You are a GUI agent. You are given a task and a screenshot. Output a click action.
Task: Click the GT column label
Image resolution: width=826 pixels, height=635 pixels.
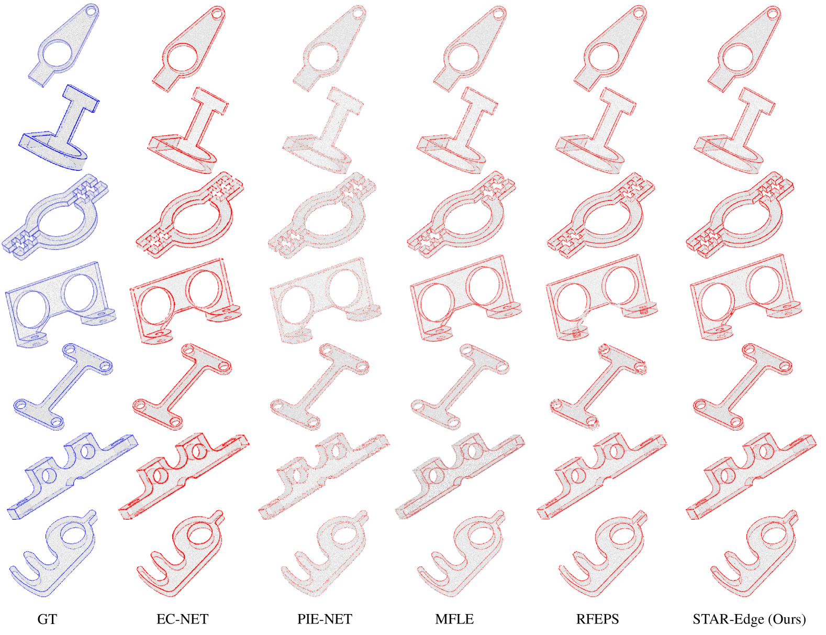tap(47, 619)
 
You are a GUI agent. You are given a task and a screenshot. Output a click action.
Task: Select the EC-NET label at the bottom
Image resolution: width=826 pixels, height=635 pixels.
tap(183, 619)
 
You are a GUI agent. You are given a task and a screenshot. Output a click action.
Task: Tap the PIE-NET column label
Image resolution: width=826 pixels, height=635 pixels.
tap(325, 619)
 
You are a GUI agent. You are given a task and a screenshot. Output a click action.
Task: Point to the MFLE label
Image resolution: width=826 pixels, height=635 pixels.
tap(454, 619)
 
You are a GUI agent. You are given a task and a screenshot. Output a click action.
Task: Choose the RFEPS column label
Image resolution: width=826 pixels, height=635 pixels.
tap(597, 619)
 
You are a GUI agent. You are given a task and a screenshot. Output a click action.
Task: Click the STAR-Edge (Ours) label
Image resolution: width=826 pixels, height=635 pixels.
tap(749, 619)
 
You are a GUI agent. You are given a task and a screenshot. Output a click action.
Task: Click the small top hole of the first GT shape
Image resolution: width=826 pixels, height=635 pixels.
tap(91, 10)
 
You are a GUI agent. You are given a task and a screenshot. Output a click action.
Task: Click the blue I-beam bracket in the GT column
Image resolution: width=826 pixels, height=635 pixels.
tap(59, 127)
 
